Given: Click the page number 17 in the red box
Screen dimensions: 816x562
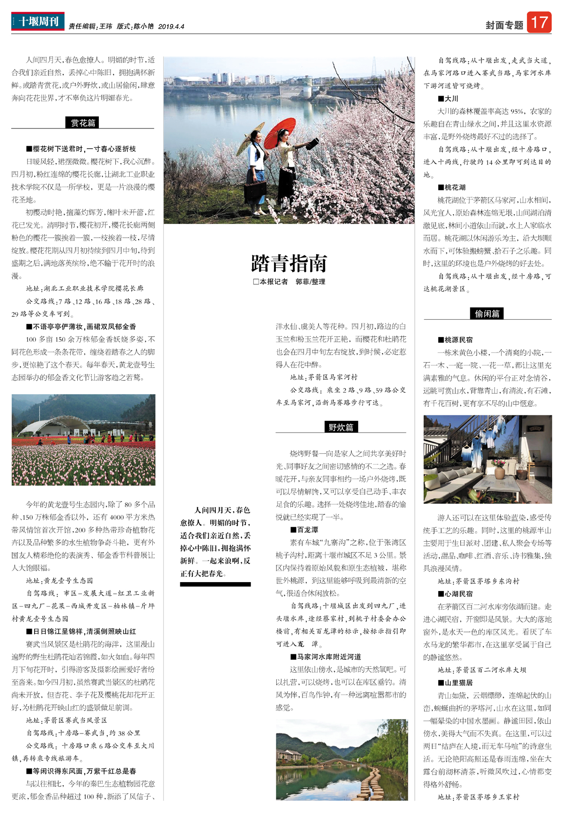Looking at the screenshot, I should pos(539,22).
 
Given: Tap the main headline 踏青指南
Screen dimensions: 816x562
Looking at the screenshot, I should pos(289,263).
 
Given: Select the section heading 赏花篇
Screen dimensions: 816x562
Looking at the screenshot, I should pos(83,123).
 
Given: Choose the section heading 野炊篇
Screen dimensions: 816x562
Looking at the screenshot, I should pos(340,427).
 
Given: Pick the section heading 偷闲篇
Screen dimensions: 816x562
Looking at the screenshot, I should pos(487,314).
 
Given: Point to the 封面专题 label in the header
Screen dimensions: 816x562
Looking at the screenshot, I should pos(504,25).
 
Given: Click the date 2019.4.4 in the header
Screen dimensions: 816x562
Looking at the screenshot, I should pos(171,27).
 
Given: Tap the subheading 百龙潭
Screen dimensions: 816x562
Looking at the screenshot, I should pos(307,530).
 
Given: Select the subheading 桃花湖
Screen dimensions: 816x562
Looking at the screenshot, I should pos(455,187).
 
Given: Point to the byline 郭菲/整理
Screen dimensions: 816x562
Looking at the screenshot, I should pos(310,282).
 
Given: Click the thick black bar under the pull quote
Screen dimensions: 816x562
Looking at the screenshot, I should pos(215,584).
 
